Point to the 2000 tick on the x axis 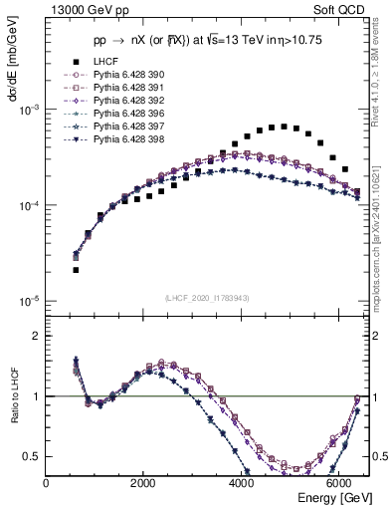pyautogui.click(x=143, y=483)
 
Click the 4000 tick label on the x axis pyautogui.click(x=242, y=483)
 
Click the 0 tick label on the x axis pyautogui.click(x=46, y=483)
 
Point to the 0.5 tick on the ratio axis pyautogui.click(x=33, y=456)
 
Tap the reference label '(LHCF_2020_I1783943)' pyautogui.click(x=207, y=298)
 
